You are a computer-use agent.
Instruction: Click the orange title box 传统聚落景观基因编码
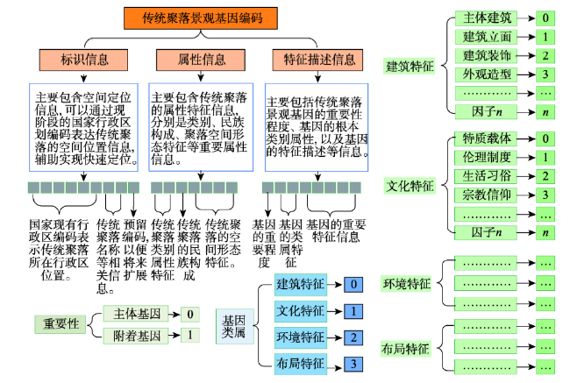coord(201,18)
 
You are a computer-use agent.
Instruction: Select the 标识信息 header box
coord(83,60)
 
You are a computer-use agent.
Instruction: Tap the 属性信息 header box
coord(201,60)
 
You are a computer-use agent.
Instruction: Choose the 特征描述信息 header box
coord(317,60)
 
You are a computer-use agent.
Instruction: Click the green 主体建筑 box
coord(486,18)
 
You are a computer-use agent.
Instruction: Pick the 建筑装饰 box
coord(486,55)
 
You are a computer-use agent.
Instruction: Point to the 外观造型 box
coord(486,74)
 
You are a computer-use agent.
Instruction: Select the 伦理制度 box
coord(486,158)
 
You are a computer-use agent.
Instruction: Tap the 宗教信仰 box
coord(486,195)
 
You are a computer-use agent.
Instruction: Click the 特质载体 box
coord(486,138)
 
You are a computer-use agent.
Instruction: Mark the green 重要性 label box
coord(61,323)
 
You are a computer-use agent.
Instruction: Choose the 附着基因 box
coord(136,336)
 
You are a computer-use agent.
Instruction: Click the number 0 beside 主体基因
coord(190,314)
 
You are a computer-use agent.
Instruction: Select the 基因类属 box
coord(234,326)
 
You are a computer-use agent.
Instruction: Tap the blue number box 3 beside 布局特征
coord(353,364)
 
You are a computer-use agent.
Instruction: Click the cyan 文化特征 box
coord(300,311)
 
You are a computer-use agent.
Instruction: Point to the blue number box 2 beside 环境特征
coord(353,337)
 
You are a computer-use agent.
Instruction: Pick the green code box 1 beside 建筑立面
coord(545,37)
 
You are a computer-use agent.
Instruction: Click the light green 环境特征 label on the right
coord(406,283)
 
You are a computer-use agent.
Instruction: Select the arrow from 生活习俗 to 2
coord(526,177)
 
